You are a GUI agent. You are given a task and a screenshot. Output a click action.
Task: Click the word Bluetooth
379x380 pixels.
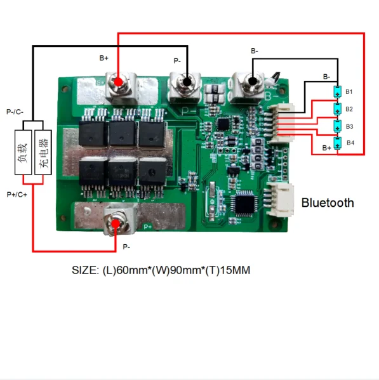coord(328,203)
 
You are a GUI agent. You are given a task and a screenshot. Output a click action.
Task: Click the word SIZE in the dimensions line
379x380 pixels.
coord(84,270)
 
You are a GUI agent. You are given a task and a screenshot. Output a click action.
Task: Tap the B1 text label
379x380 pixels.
coord(349,92)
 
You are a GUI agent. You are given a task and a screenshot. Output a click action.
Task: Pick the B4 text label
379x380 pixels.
coord(350,143)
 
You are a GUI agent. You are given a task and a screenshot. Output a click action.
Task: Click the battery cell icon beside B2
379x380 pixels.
coord(337,109)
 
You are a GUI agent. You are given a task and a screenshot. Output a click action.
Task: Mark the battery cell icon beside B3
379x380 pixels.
coord(337,126)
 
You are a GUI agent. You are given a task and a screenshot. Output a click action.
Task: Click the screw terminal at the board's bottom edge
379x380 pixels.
coord(116,223)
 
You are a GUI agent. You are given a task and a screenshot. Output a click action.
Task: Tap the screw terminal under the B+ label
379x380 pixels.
coord(118,82)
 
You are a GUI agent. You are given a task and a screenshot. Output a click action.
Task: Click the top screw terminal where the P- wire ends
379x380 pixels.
coord(186,83)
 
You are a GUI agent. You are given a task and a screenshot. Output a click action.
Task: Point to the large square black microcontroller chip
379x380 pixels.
coord(243,204)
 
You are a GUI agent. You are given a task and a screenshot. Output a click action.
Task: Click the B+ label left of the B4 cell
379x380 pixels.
coord(326,147)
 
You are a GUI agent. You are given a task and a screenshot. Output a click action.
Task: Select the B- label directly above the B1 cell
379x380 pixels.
coord(326,76)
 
